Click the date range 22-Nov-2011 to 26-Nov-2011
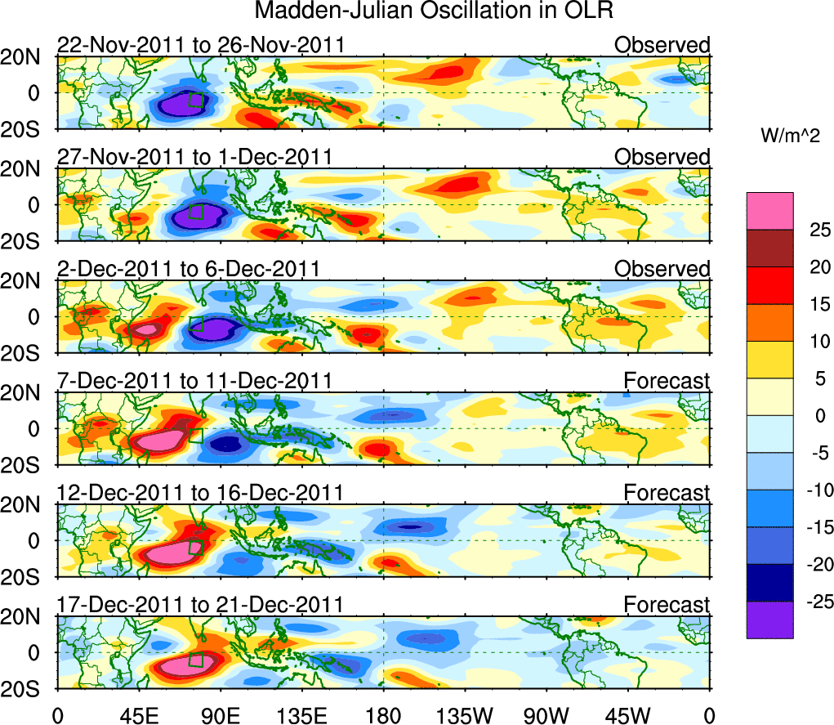click(200, 45)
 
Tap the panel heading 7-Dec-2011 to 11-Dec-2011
click(194, 380)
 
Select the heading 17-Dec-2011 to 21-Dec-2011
click(200, 604)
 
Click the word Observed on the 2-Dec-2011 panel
click(662, 269)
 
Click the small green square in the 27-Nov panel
click(196, 212)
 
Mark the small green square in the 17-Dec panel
click(196, 660)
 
